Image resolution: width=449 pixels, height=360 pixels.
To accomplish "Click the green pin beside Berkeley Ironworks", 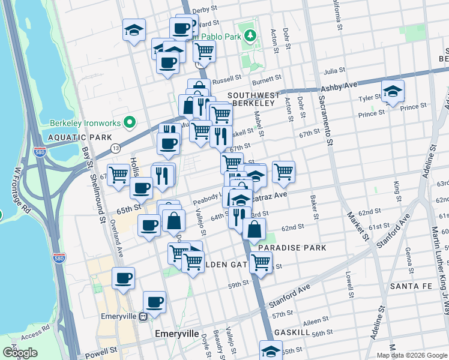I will coord(127,123).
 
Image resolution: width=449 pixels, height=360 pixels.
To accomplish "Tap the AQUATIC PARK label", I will coord(72,137).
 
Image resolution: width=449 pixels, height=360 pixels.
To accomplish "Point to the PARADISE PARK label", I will coord(292,247).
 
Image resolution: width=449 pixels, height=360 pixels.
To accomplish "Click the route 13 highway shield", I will coord(115,148).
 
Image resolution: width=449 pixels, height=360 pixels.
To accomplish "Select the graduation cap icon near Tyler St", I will coord(393,92).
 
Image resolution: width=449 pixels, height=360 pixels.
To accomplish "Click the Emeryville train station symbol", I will coord(143,317).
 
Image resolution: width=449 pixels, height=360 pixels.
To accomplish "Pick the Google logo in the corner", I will coord(20,353).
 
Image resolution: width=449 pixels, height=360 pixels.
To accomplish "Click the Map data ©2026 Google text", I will coord(412,355).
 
